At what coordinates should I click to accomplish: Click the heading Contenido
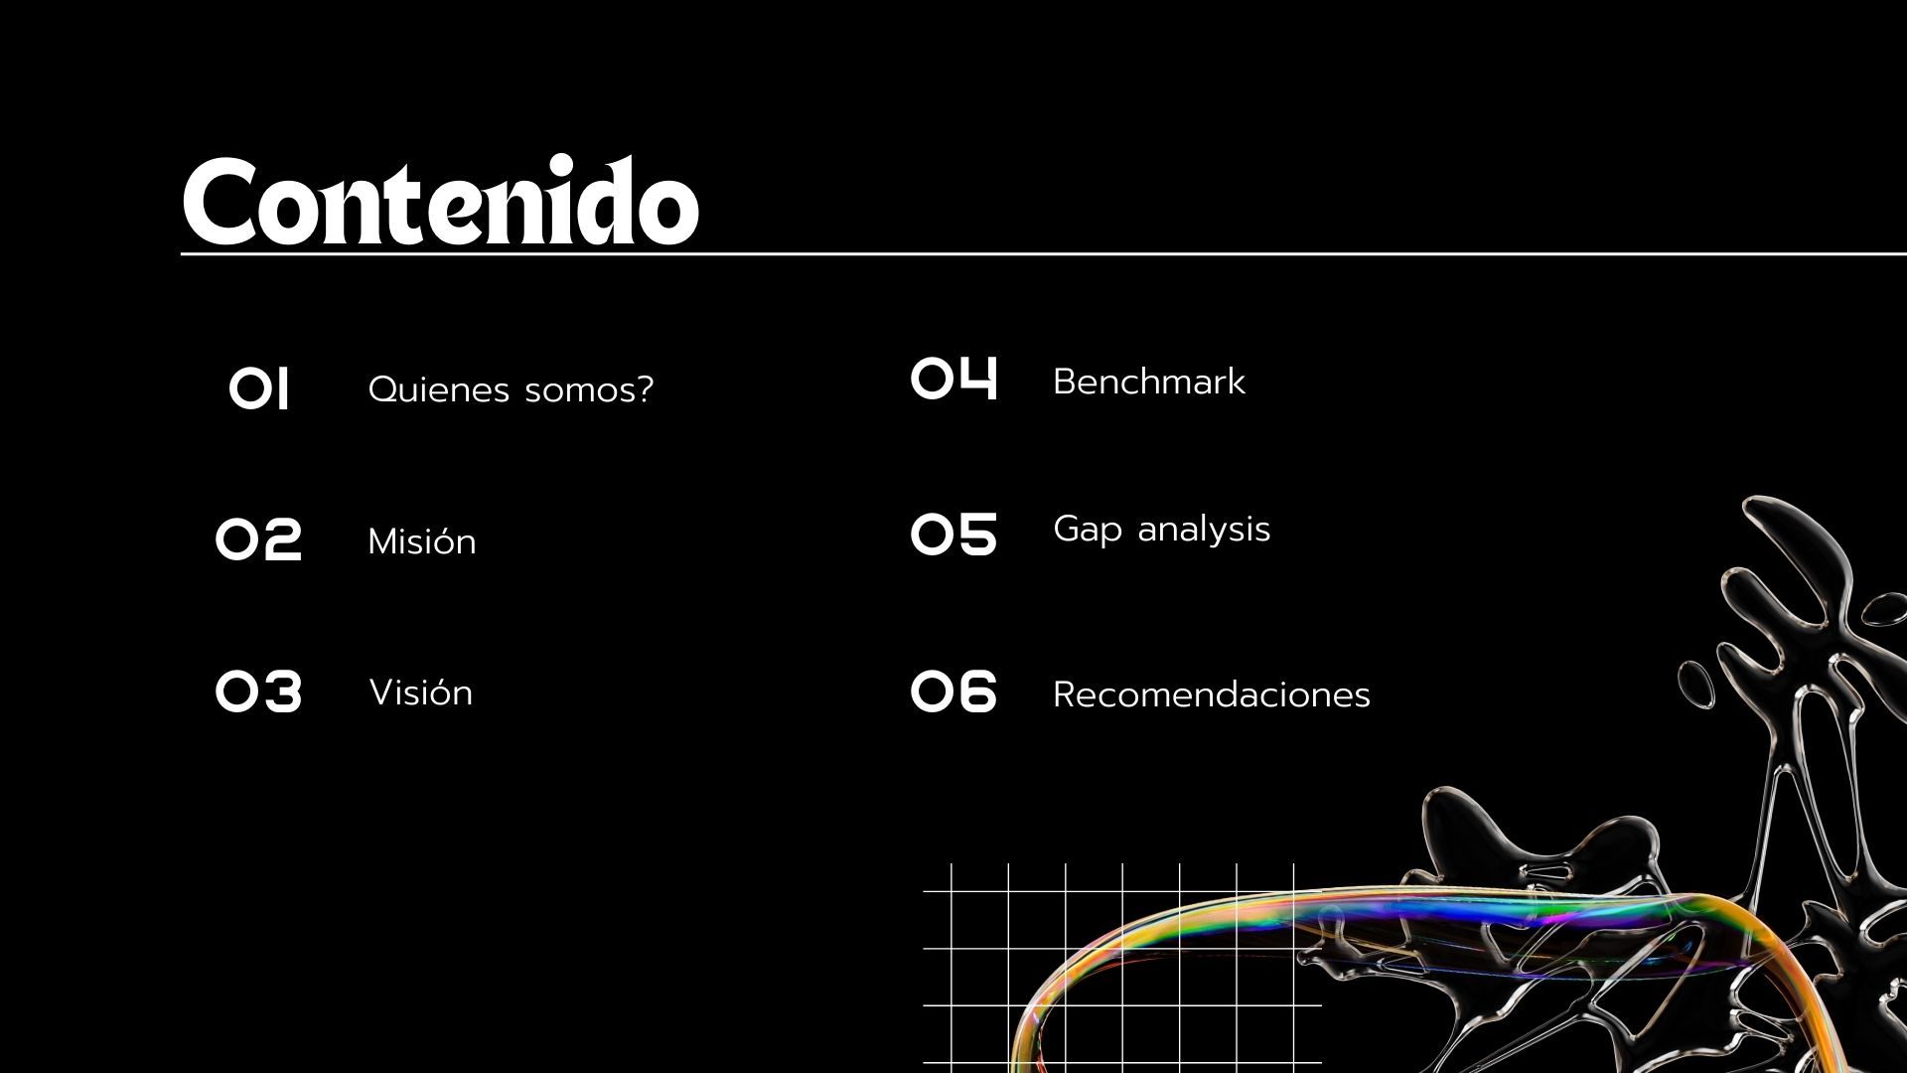pyautogui.click(x=441, y=202)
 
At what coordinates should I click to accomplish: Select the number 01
pyautogui.click(x=259, y=388)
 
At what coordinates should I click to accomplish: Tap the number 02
pyautogui.click(x=258, y=540)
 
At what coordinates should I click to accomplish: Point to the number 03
pyautogui.click(x=258, y=691)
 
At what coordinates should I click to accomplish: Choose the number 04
pyautogui.click(x=954, y=378)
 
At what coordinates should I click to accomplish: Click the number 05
pyautogui.click(x=953, y=535)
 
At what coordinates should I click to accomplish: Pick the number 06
pyautogui.click(x=953, y=691)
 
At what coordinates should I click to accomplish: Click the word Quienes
pyautogui.click(x=439, y=389)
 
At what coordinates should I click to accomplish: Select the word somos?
pyautogui.click(x=589, y=389)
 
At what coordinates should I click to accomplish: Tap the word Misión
pyautogui.click(x=422, y=541)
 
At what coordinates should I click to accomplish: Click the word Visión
pyautogui.click(x=421, y=692)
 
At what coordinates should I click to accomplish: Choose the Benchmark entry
pyautogui.click(x=1149, y=382)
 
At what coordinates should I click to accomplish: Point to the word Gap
pyautogui.click(x=1088, y=530)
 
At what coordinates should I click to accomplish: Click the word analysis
pyautogui.click(x=1204, y=530)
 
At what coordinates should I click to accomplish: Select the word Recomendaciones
pyautogui.click(x=1212, y=694)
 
